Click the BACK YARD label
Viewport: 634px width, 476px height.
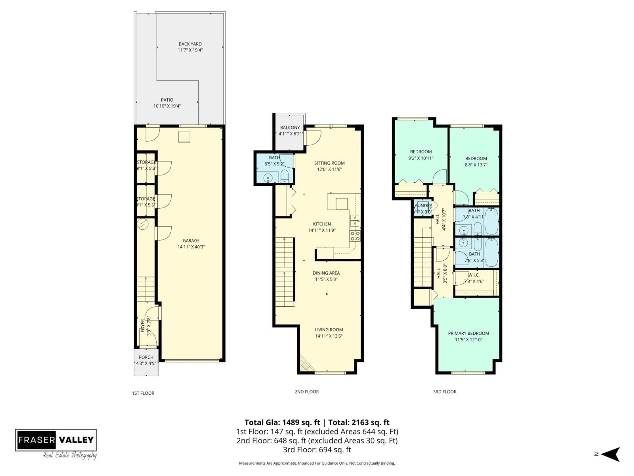pyautogui.click(x=190, y=44)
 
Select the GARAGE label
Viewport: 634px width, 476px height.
pyautogui.click(x=191, y=240)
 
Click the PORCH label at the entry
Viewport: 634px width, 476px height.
pyautogui.click(x=146, y=357)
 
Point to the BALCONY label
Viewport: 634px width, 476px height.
pyautogui.click(x=290, y=127)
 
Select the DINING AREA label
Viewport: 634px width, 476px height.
pyautogui.click(x=326, y=273)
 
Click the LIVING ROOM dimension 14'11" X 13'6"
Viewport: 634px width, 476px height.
pyautogui.click(x=329, y=336)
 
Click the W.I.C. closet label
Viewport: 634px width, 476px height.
pyautogui.click(x=474, y=275)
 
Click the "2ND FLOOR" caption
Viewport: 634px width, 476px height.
pyautogui.click(x=307, y=392)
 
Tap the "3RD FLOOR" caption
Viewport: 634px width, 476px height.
pyautogui.click(x=445, y=392)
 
